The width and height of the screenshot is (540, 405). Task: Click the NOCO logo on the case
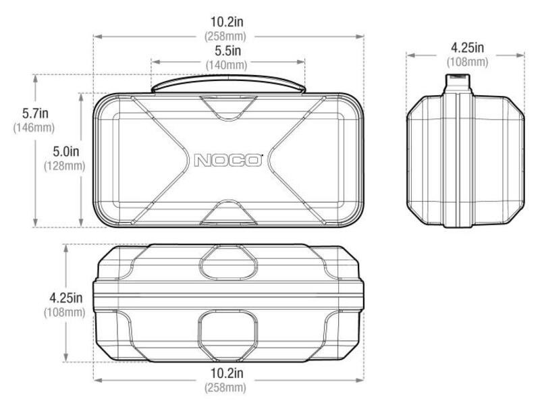point(228,160)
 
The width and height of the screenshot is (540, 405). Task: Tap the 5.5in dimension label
point(227,51)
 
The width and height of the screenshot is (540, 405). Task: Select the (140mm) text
point(226,65)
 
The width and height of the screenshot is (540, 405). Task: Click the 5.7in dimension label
point(35,113)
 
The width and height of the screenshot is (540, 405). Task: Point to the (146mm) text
point(34,128)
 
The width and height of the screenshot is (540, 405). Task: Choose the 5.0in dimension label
point(65,151)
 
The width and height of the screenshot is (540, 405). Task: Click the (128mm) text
point(64,166)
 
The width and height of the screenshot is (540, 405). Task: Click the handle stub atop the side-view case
point(458,84)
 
